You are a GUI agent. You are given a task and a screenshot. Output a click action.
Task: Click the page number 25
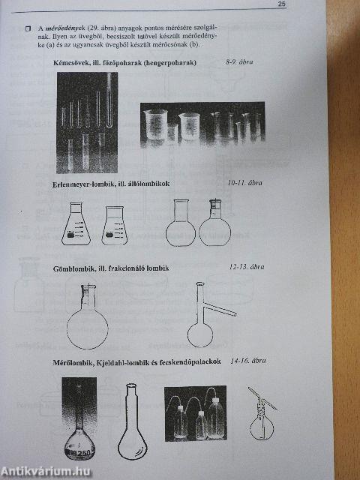click(281, 4)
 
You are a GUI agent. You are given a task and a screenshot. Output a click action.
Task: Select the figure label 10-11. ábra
click(245, 182)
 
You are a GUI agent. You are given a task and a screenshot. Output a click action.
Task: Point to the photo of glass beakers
click(203, 123)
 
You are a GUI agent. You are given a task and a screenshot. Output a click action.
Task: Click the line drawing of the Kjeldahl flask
click(130, 427)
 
